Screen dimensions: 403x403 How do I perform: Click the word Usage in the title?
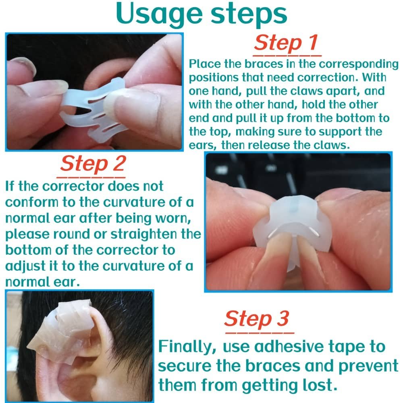tap(159, 15)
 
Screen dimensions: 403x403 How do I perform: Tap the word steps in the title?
tap(249, 15)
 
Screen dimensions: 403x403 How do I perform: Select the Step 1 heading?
tap(286, 43)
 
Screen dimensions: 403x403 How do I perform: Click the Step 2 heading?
tap(93, 164)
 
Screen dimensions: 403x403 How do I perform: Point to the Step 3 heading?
tap(256, 319)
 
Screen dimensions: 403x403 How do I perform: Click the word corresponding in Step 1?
tap(359, 64)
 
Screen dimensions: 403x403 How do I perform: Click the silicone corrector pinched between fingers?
tap(293, 226)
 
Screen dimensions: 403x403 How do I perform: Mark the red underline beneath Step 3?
tap(260, 333)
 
